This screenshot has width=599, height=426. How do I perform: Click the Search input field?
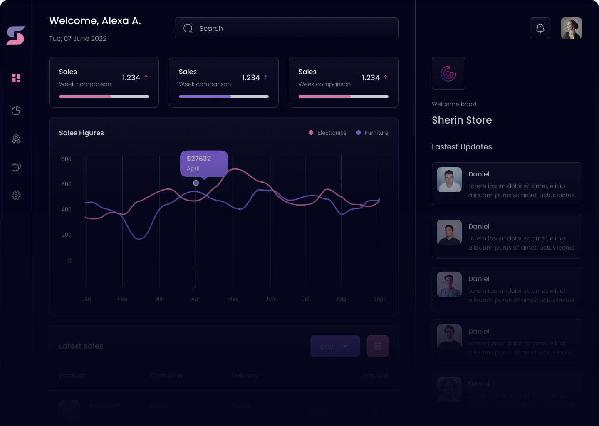[x=286, y=28]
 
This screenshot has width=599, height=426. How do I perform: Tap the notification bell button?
[x=540, y=28]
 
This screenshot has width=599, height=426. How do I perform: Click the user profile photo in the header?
[x=571, y=28]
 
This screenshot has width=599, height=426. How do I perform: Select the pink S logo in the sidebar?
[x=16, y=35]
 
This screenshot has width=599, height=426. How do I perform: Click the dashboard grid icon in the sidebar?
[x=16, y=78]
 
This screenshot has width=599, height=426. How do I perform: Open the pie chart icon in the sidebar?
[x=16, y=111]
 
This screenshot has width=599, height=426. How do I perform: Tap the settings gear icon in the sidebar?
[x=16, y=196]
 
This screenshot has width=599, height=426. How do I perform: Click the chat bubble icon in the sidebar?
[x=16, y=167]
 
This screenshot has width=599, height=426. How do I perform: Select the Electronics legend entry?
[x=328, y=133]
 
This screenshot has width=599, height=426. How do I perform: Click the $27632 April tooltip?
[x=203, y=163]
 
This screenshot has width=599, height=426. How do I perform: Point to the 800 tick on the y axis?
[x=67, y=159]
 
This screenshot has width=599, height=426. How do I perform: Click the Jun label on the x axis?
[x=270, y=299]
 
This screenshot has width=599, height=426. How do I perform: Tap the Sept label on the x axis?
[x=379, y=299]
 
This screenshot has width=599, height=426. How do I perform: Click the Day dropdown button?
[x=335, y=346]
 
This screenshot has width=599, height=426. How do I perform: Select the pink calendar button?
[x=377, y=346]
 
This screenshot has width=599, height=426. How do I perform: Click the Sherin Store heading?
[x=462, y=120]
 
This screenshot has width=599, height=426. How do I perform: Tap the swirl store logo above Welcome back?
[x=448, y=73]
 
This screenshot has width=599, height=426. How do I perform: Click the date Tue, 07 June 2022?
[x=78, y=38]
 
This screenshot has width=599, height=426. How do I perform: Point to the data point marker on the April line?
[x=196, y=183]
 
